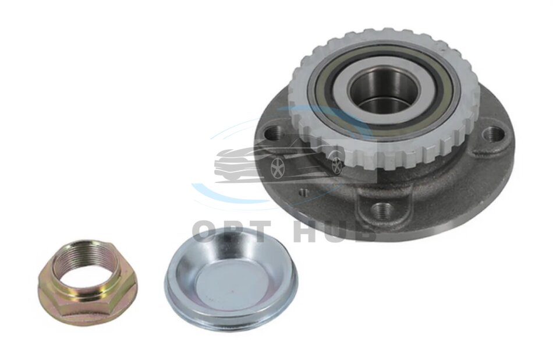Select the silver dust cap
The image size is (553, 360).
231,279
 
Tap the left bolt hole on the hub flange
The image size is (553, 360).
276,134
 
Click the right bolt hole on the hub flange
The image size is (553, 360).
493,133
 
